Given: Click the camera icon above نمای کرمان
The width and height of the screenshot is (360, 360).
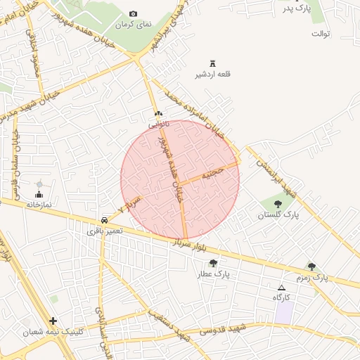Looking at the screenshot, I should pos(134,14).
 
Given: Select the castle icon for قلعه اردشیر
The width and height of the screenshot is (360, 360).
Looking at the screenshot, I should pos(212,63).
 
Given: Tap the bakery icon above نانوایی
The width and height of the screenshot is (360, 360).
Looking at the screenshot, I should pos(158,114).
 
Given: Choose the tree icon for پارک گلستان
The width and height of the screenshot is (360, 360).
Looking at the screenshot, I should pos(278,204).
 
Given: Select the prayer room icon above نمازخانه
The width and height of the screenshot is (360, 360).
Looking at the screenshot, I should pos(39,193).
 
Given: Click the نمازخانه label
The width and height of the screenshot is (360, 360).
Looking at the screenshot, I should pos(40,205).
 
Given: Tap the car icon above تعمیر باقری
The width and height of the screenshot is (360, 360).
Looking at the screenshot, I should pos(105,219).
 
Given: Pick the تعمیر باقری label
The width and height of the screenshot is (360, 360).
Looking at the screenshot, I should pos(105,231).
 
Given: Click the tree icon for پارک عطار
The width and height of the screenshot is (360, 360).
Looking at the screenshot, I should pos(213,263).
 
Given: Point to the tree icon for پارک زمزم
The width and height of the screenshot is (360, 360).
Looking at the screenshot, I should pos(311,266).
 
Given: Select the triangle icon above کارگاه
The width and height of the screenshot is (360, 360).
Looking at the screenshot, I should pos(282,288).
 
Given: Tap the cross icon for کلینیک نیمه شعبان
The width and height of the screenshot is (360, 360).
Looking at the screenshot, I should pos(53,320).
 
